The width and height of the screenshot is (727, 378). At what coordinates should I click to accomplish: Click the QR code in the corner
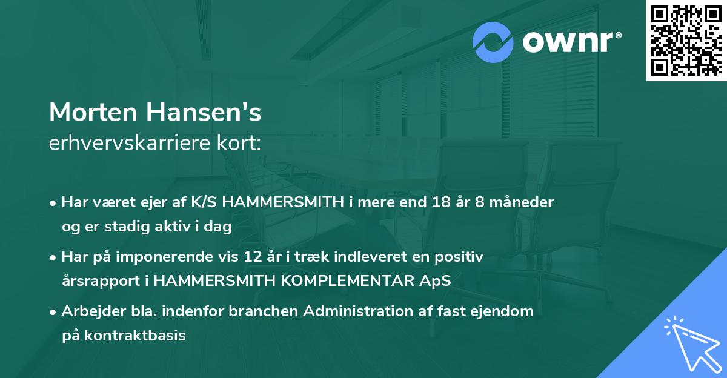[x=686, y=40]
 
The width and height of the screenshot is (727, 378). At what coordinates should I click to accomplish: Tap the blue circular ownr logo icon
[x=493, y=42]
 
